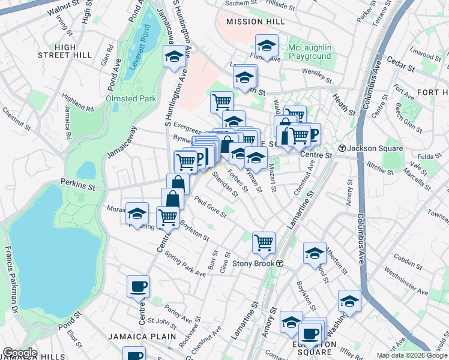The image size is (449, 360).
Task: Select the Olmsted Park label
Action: coord(131,98)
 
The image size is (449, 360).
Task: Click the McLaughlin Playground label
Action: coord(309,52)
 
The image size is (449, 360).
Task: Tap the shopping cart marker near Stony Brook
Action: coord(264,242)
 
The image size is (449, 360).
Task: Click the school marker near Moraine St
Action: coord(137,214)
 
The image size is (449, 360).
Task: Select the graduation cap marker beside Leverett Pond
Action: coord(174,57)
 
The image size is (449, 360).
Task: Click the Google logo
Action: coord(19,353)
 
